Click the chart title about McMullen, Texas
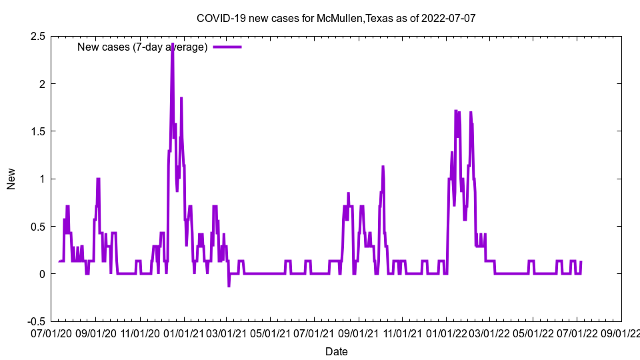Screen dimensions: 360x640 point(336,18)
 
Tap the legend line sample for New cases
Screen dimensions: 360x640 point(227,47)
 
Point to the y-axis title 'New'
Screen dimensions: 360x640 point(11,179)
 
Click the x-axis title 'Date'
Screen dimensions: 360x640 point(336,351)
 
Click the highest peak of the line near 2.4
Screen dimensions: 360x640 point(173,44)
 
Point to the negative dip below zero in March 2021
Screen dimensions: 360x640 point(229,286)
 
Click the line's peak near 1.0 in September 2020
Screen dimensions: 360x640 point(98,179)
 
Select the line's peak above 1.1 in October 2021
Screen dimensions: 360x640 point(383,167)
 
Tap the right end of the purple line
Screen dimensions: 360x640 point(581,262)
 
